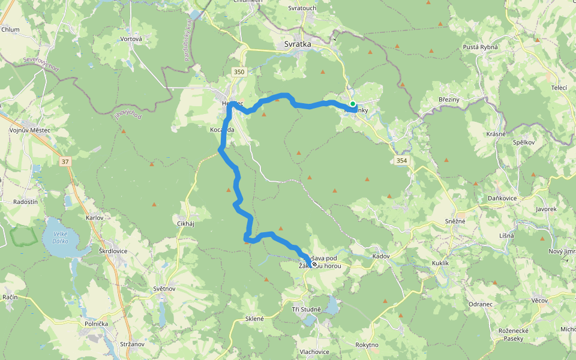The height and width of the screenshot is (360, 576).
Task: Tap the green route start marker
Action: [353, 104]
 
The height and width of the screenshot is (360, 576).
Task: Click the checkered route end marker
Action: [314, 263]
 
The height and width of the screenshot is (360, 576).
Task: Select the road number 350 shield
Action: [239, 72]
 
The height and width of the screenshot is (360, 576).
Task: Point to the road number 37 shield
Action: [65, 161]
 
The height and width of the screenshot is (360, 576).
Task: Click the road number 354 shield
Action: [401, 160]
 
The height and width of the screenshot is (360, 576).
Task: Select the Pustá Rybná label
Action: [481, 47]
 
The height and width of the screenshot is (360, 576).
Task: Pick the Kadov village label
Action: [381, 256]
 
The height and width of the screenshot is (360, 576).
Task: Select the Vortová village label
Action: [131, 39]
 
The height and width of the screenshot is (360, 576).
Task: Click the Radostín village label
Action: [25, 202]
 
